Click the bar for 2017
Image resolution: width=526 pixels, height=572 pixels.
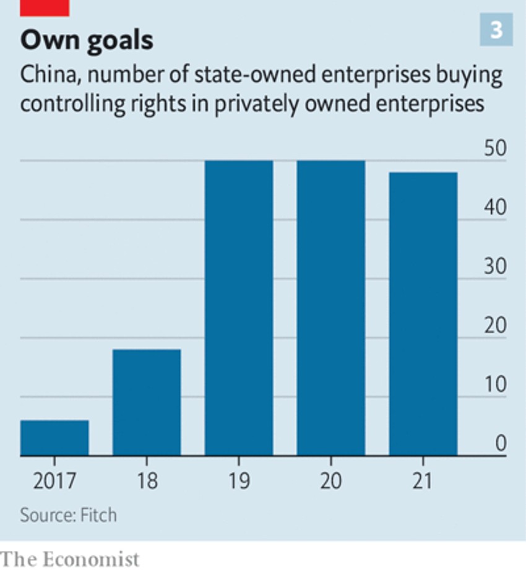tap(54, 438)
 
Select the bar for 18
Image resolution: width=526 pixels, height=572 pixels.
tap(147, 402)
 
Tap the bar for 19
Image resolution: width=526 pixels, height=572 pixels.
tap(239, 308)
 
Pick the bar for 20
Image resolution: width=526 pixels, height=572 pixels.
tap(331, 308)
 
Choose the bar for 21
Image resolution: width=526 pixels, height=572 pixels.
tap(423, 314)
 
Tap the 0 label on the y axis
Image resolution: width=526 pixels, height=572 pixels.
tap(500, 444)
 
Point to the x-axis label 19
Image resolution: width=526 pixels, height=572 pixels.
tap(239, 480)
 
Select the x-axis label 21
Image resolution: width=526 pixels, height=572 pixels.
tap(423, 480)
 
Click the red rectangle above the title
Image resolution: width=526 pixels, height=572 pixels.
tap(45, 7)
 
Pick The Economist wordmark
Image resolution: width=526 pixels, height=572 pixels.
tap(70, 559)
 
